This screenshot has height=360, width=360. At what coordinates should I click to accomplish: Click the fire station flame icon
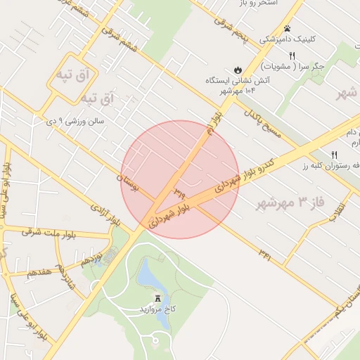pyautogui.click(x=238, y=70)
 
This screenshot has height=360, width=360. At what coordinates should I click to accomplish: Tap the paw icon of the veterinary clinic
pyautogui.click(x=288, y=29)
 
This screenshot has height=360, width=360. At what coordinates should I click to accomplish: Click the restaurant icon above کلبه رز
pyautogui.click(x=335, y=155)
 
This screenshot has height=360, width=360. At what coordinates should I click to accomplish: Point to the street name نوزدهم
pyautogui.click(x=91, y=258)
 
